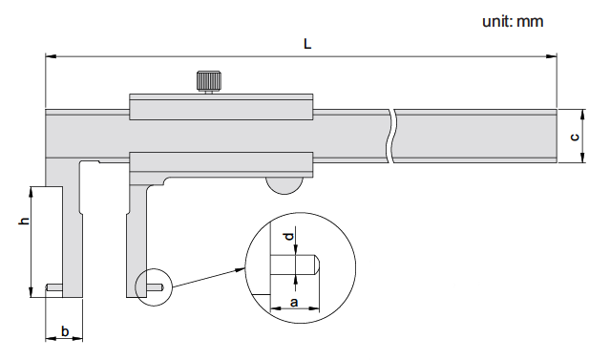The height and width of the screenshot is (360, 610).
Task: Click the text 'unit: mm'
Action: [513, 21]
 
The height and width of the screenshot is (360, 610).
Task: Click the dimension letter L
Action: [307, 44]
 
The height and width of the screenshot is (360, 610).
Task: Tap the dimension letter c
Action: [575, 137]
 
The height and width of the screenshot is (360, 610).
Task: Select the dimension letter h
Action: [25, 221]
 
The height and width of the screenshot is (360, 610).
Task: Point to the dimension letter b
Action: [65, 331]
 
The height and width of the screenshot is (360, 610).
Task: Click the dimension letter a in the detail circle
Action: [294, 302]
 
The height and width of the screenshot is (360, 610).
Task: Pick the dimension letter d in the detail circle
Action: [288, 236]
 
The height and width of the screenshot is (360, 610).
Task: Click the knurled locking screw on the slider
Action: [209, 82]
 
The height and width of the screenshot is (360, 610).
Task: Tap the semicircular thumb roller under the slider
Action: [284, 185]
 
